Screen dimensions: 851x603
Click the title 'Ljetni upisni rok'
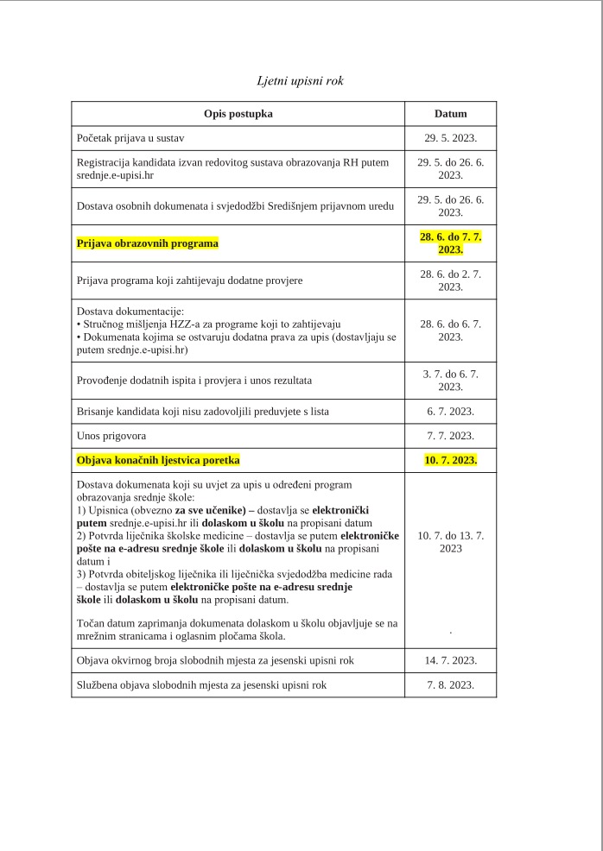[301, 81]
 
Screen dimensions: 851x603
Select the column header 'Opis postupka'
[238, 114]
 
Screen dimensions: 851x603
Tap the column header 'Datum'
[450, 114]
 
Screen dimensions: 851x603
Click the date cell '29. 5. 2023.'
[450, 138]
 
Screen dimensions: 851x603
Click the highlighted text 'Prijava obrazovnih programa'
[148, 243]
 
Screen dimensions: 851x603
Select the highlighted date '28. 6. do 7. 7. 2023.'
[450, 243]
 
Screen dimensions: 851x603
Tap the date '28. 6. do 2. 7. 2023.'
[450, 281]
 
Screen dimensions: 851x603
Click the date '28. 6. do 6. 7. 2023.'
[450, 331]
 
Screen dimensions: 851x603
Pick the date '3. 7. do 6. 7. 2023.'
[450, 380]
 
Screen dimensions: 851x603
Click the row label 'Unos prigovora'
[113, 435]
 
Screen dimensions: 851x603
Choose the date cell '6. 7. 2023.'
[450, 411]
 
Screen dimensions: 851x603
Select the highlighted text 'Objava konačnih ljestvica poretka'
[158, 460]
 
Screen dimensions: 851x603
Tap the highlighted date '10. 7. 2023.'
[450, 460]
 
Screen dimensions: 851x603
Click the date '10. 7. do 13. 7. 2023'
[450, 541]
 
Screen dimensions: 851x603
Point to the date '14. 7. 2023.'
[450, 660]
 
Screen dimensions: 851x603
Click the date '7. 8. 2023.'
[450, 685]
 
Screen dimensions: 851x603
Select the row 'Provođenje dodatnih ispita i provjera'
[194, 380]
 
